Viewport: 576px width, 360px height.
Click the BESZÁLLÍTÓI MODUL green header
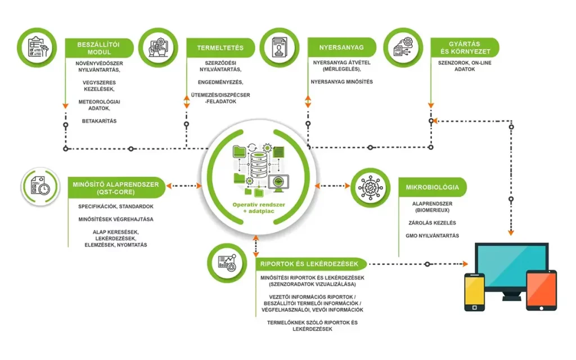tap(99, 47)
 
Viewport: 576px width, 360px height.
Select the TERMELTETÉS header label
tap(216, 47)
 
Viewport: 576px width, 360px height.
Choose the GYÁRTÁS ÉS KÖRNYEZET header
tap(465, 47)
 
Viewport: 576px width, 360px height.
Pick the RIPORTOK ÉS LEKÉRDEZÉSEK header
tap(312, 263)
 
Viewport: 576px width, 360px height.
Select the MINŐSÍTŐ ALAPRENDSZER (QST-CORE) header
tap(115, 187)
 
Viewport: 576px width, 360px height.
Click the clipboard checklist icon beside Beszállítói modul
tap(37, 47)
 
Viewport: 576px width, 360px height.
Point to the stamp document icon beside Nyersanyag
tap(280, 47)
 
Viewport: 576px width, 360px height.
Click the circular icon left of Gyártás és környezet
tap(403, 47)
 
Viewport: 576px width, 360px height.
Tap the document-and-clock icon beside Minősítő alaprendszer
tap(41, 187)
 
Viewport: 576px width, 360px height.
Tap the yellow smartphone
tap(474, 290)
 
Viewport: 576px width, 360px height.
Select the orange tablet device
tap(541, 290)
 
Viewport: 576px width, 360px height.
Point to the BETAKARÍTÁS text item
tap(99, 121)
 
